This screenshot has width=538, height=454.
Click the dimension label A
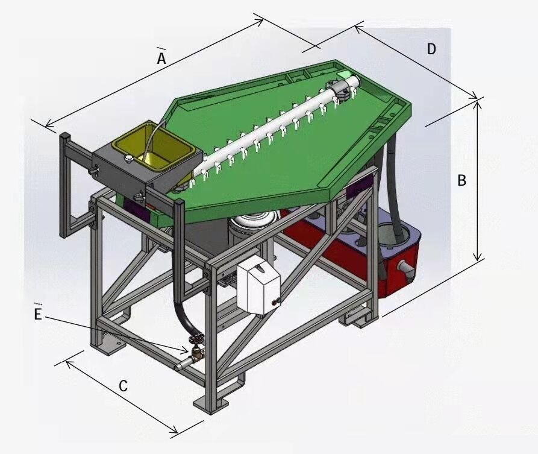point(161,58)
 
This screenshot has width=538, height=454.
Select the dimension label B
point(462,180)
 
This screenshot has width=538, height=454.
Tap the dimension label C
point(123,386)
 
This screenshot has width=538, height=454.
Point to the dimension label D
point(431,49)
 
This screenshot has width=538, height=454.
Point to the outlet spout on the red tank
point(405,268)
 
